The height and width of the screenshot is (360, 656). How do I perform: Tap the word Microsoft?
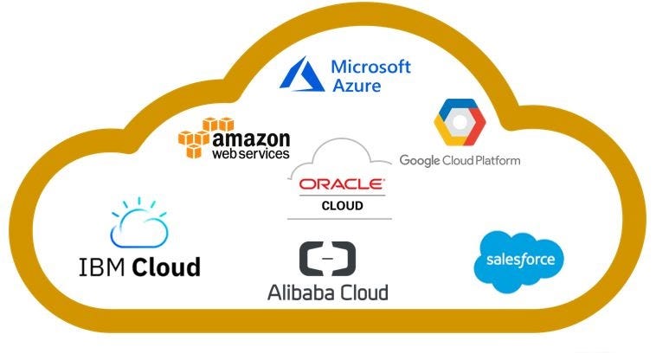pos(370,66)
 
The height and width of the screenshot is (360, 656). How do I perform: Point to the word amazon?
pos(251,139)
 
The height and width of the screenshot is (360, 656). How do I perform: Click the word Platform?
pos(494,160)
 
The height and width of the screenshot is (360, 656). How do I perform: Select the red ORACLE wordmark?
pos(341,183)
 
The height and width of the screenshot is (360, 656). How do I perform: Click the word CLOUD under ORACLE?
pos(342,206)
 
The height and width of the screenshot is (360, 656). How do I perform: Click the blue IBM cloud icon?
pos(138,224)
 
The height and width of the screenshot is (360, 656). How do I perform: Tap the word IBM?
pos(100,266)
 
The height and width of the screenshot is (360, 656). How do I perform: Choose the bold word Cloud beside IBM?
pos(165,266)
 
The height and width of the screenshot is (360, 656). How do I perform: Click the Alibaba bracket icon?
pos(327,258)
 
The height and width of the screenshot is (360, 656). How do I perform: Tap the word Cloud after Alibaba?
pos(363,292)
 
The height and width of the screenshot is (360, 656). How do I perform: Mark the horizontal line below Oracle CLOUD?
pos(342,217)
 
